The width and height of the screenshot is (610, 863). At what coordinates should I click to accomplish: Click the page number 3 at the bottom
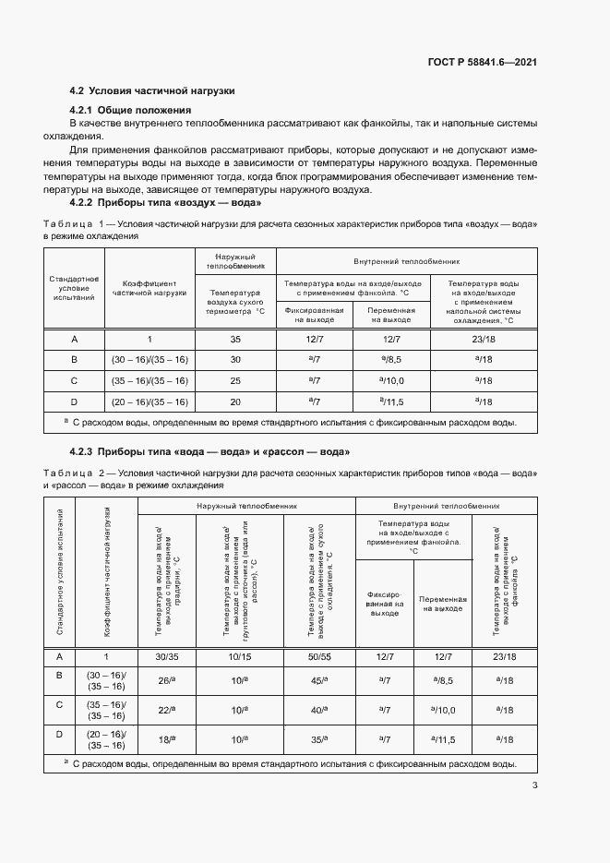(x=534, y=785)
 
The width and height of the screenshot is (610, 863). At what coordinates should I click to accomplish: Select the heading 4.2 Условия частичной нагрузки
(x=153, y=91)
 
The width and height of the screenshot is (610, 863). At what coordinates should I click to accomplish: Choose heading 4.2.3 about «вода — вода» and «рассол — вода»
(x=210, y=450)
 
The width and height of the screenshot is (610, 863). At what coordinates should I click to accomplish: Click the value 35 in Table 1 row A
(x=234, y=340)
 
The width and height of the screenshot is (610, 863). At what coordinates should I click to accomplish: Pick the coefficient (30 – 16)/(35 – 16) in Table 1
(x=150, y=360)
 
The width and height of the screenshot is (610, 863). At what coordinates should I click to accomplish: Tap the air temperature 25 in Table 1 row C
(x=234, y=380)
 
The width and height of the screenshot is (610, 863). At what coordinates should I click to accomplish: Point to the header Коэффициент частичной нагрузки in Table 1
(x=150, y=288)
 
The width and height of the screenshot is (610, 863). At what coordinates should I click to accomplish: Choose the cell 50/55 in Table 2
(x=320, y=656)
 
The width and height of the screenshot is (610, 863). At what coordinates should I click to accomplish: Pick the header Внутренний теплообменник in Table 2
(x=446, y=507)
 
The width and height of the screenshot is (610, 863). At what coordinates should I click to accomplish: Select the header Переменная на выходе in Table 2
(x=442, y=605)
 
